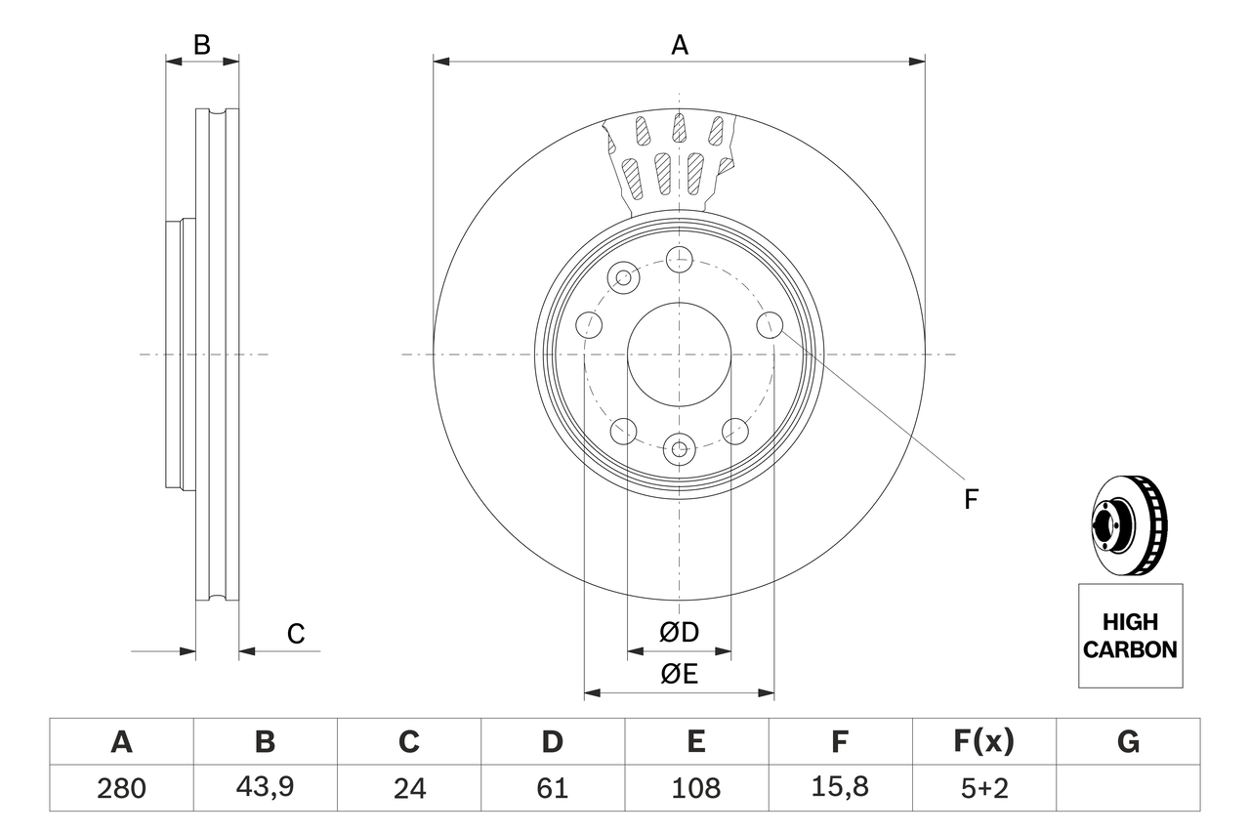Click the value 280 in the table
coord(121,788)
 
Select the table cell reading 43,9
coord(265,788)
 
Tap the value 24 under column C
coord(408,788)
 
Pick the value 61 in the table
coord(552,788)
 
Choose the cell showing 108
coord(695,788)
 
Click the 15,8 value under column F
coord(839,788)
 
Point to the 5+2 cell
coord(982,788)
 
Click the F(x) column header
coord(982,742)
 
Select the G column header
coord(1128,742)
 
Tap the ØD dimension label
coord(679,633)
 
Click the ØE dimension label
coord(679,675)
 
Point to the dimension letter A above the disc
coord(679,45)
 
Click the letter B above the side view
coord(201,45)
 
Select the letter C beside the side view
coord(296,634)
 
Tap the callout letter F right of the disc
coord(970,500)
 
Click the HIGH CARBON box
coord(1130,636)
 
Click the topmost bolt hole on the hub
coord(679,259)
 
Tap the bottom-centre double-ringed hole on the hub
coord(679,450)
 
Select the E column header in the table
coord(695,742)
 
